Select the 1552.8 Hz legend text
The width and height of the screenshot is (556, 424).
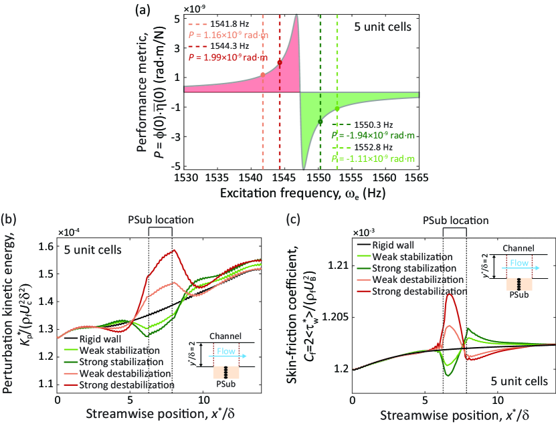tap(373, 146)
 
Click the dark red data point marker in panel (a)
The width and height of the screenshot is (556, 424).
tap(280, 62)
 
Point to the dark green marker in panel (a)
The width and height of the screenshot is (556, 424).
tap(320, 121)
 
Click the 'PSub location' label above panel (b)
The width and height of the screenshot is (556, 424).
tap(160, 219)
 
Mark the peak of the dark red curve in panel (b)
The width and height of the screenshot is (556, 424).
tap(173, 250)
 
